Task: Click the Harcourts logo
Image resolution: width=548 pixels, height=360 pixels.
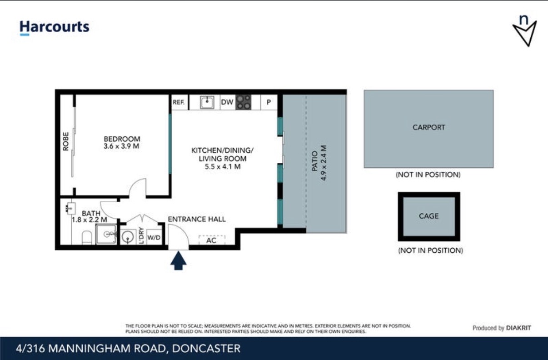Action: [x=55, y=27]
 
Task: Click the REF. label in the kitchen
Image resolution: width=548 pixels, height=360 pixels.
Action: [x=179, y=102]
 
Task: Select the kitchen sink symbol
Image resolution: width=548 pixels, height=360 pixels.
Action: [x=207, y=102]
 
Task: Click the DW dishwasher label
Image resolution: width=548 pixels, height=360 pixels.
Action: [x=227, y=102]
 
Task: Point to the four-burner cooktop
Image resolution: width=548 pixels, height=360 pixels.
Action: [x=244, y=102]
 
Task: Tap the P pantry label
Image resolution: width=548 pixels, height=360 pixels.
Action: [x=269, y=102]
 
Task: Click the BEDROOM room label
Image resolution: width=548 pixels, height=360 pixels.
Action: [x=122, y=139]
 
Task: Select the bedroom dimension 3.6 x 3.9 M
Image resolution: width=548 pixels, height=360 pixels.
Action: [x=121, y=146]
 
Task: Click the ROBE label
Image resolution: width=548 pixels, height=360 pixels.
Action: [x=65, y=141]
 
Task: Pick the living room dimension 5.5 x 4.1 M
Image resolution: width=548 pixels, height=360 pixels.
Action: [x=223, y=167]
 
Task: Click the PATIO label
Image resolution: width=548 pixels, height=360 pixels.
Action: [x=314, y=161]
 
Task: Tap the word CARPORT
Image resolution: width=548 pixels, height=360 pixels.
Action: [x=428, y=127]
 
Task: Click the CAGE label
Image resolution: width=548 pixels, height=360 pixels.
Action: [x=428, y=216]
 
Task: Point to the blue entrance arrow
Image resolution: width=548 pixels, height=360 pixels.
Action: [x=178, y=260]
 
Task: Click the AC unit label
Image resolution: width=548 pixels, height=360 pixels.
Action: [x=211, y=240]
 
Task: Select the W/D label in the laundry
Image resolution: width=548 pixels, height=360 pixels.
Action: [x=154, y=237]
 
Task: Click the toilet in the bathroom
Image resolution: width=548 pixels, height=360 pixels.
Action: [x=87, y=237]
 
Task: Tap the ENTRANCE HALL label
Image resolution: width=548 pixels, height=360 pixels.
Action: [x=197, y=219]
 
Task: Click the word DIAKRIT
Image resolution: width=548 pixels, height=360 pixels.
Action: [x=518, y=328]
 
